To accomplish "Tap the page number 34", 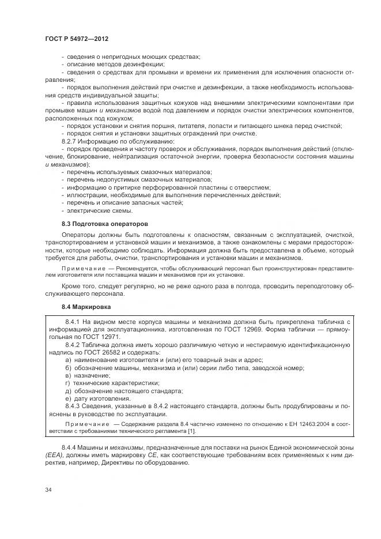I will (48, 490).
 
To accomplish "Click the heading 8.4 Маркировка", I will (86, 307).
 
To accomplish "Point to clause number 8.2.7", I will (71, 141).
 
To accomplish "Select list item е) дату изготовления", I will (98, 398).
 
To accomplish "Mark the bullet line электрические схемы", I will (93, 210).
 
